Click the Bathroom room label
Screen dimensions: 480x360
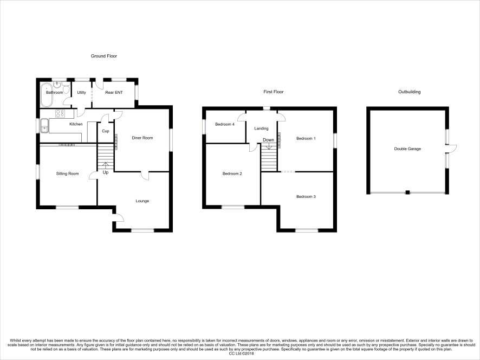[55, 92]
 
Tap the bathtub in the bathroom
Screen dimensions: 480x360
[47, 95]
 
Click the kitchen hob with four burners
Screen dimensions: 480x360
[60, 113]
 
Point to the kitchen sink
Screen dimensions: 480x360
[44, 126]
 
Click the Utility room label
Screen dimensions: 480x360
[81, 92]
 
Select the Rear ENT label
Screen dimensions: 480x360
[114, 92]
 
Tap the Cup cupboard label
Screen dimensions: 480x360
[105, 131]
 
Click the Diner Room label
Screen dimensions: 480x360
[142, 138]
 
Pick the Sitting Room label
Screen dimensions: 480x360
[67, 173]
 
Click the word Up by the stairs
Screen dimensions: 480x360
[106, 172]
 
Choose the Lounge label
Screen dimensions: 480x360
[142, 201]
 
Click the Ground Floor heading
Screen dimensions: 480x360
[104, 56]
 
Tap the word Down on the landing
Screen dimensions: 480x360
[269, 140]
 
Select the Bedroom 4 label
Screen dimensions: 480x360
[225, 124]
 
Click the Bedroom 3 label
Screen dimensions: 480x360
[306, 197]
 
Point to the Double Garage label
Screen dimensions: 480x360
[407, 149]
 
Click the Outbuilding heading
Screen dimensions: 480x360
[409, 92]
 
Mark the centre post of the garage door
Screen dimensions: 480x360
[407, 192]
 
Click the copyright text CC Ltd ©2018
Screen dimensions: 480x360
[242, 353]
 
